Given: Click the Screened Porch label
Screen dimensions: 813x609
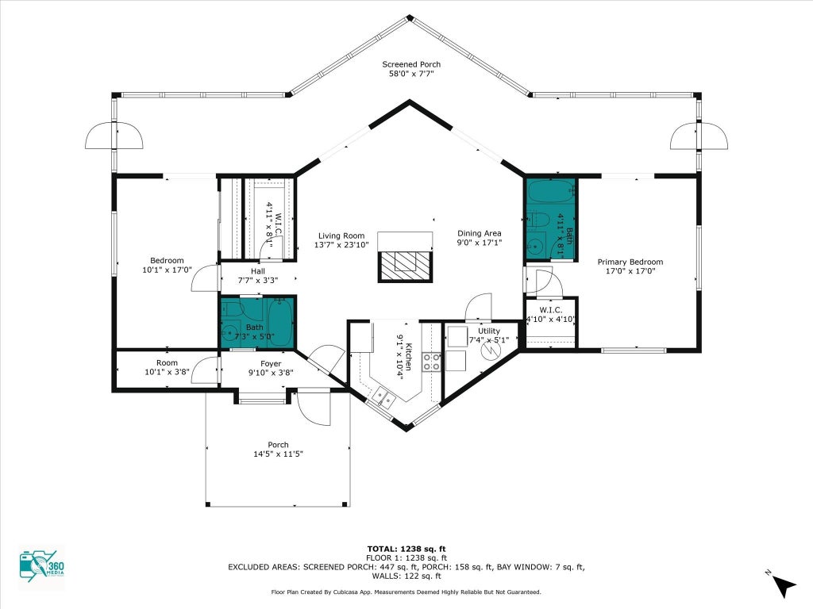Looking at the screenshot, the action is click(411, 64).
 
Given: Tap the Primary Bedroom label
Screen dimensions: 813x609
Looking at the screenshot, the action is click(630, 262).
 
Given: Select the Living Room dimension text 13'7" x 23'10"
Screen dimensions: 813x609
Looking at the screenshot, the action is click(341, 244).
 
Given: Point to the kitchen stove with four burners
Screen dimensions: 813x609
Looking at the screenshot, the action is click(431, 362).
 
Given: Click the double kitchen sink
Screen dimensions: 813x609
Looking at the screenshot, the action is click(383, 398).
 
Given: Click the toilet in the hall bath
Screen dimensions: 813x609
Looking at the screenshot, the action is click(233, 310).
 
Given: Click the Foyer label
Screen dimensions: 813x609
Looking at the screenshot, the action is click(271, 363).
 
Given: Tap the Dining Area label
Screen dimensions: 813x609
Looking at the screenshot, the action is click(479, 234).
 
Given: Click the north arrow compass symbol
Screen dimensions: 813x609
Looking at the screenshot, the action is click(782, 584).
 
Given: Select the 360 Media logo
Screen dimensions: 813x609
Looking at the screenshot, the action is click(42, 566).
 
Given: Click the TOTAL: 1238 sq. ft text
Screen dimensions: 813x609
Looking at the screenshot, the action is click(406, 549).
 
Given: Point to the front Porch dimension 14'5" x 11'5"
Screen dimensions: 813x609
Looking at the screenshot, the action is click(278, 454).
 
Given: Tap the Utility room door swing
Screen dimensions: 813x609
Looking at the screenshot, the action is click(478, 308).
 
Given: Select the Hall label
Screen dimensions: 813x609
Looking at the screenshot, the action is click(258, 271).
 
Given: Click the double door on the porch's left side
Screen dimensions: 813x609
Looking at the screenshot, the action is click(114, 136).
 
